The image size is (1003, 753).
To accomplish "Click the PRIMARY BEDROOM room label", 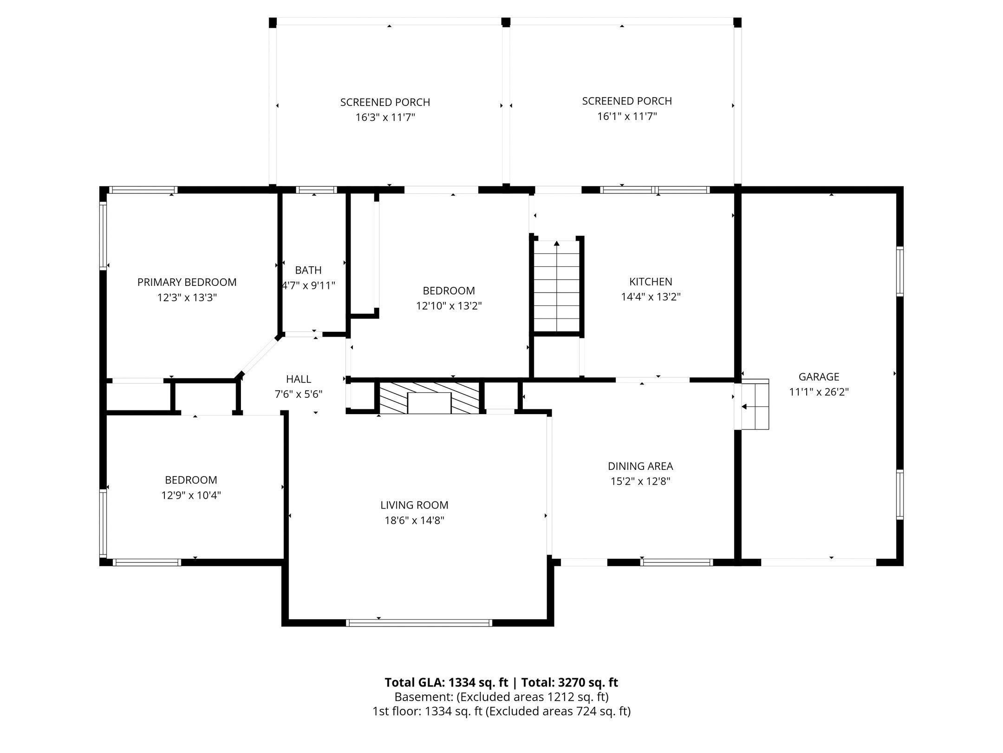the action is point(187,282).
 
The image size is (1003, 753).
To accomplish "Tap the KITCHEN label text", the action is point(651,281).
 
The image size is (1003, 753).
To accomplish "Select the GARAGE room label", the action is point(819,376).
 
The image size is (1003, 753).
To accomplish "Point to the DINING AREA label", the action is point(640,466).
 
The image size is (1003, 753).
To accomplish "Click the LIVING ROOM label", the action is point(414,505).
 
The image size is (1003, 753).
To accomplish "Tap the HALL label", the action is point(299,379).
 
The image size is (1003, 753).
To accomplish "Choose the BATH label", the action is point(308,270).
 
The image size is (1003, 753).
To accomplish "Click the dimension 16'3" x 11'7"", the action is point(385,117).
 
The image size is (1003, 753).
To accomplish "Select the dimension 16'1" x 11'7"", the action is point(627,116).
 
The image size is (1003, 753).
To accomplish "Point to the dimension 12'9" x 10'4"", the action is point(191,495).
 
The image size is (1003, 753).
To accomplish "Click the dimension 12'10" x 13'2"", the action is point(449,306).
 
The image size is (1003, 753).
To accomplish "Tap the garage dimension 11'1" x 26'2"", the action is point(819,392).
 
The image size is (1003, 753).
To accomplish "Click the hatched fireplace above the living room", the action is point(430,398).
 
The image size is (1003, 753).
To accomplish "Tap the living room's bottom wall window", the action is point(419,623).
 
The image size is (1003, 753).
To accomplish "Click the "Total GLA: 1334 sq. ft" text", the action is point(447,682).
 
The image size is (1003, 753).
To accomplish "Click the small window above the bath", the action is point(317,190).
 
